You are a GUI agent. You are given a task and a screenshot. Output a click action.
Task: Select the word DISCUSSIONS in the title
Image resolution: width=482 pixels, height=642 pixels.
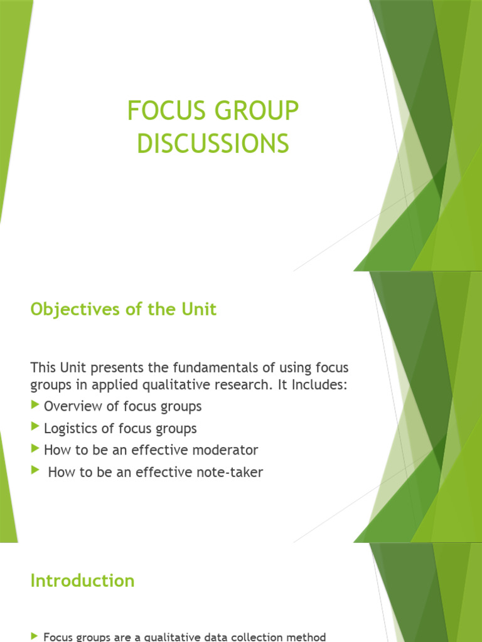[x=213, y=144]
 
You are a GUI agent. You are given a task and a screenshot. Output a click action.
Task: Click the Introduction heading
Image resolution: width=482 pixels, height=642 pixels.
[x=82, y=581]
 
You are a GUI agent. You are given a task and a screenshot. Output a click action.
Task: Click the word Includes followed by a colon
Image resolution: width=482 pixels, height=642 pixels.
[x=318, y=384]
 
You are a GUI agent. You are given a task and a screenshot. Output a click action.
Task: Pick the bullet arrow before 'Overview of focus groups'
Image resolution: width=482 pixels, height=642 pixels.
[x=35, y=405]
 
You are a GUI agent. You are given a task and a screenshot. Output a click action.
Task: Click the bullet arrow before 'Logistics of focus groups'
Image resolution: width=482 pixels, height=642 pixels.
[x=35, y=427]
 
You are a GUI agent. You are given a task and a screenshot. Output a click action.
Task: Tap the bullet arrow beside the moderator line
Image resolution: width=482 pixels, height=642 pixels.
[x=35, y=449]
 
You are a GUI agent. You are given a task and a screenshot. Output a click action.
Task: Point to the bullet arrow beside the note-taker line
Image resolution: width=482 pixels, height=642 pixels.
[x=35, y=471]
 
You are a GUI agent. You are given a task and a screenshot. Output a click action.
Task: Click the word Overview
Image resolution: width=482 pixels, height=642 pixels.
[x=72, y=406]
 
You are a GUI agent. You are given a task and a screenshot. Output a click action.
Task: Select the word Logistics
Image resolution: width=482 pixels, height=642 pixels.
[x=70, y=428]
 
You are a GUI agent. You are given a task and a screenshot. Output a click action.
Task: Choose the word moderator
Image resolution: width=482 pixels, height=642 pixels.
[x=227, y=450]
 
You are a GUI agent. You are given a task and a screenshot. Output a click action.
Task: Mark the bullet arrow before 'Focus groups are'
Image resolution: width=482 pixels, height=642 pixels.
[x=35, y=636]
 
